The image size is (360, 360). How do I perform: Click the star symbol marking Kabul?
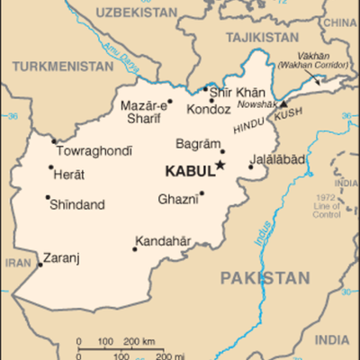pyautogui.click(x=220, y=165)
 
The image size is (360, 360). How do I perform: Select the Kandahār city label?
pyautogui.click(x=165, y=240)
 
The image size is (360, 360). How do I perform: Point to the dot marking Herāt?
pyautogui.click(x=50, y=167)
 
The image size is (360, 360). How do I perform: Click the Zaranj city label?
pyautogui.click(x=62, y=257)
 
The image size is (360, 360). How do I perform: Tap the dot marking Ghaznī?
pyautogui.click(x=202, y=193)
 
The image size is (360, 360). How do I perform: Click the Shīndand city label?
pyautogui.click(x=78, y=203)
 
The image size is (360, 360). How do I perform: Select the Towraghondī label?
pyautogui.click(x=94, y=150)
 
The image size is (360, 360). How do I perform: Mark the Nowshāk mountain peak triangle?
pyautogui.click(x=282, y=103)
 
